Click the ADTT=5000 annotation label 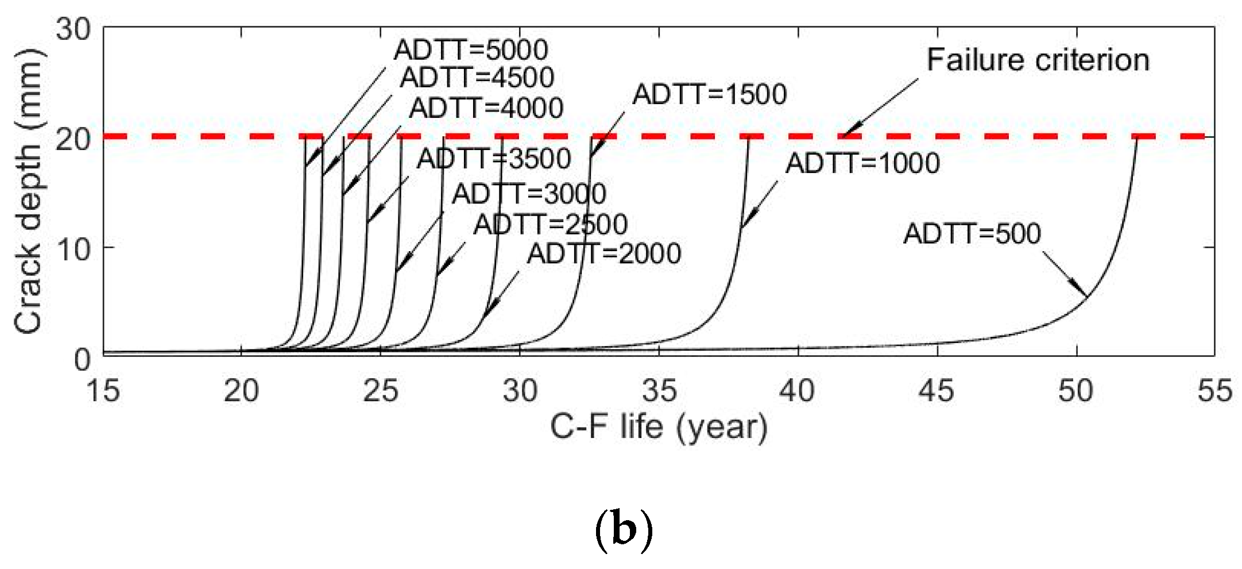click(x=471, y=51)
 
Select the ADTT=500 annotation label click(x=972, y=234)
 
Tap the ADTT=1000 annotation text click(x=862, y=163)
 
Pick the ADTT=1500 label click(x=709, y=94)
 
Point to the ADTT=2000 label click(x=604, y=253)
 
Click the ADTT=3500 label click(x=494, y=159)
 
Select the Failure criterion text click(x=1038, y=60)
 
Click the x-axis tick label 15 click(x=103, y=391)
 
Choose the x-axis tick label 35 click(x=659, y=391)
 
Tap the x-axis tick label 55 click(x=1214, y=391)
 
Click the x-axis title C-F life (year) click(x=659, y=428)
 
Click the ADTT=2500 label click(x=550, y=224)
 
